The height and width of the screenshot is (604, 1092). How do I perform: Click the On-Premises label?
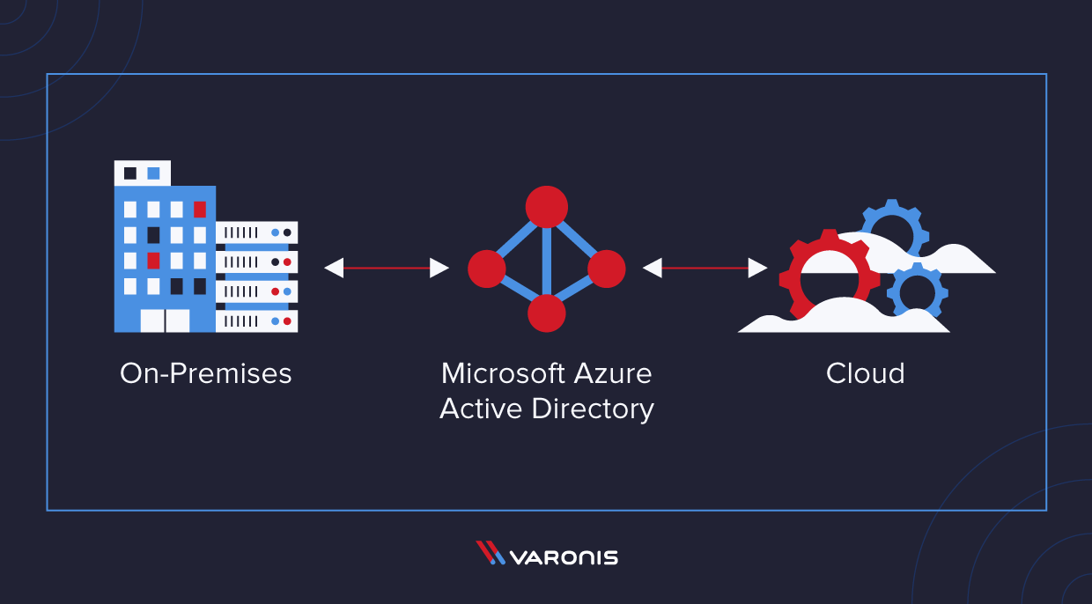point(205,373)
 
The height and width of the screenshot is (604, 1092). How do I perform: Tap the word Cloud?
point(865,373)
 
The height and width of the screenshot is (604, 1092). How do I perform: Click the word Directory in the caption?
point(601,409)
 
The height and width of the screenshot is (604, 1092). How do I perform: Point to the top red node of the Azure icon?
point(546,207)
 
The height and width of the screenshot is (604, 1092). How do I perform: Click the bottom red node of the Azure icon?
point(546,313)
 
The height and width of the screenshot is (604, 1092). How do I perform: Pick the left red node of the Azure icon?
point(486,268)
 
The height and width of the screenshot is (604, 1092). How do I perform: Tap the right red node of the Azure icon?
point(606,268)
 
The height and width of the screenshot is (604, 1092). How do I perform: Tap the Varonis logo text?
point(564,557)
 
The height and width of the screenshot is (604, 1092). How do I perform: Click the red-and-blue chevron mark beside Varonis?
point(490,553)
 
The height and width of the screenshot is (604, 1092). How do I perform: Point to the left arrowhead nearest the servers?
point(334,268)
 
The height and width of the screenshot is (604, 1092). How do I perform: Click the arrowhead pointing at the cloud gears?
point(757,268)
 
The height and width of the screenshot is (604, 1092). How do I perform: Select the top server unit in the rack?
point(256,232)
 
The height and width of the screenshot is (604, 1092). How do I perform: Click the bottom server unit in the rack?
point(256,321)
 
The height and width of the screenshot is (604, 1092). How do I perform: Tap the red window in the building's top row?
point(200,210)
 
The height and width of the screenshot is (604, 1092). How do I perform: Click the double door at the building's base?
point(165,320)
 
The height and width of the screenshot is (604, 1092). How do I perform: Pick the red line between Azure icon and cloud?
point(705,268)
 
